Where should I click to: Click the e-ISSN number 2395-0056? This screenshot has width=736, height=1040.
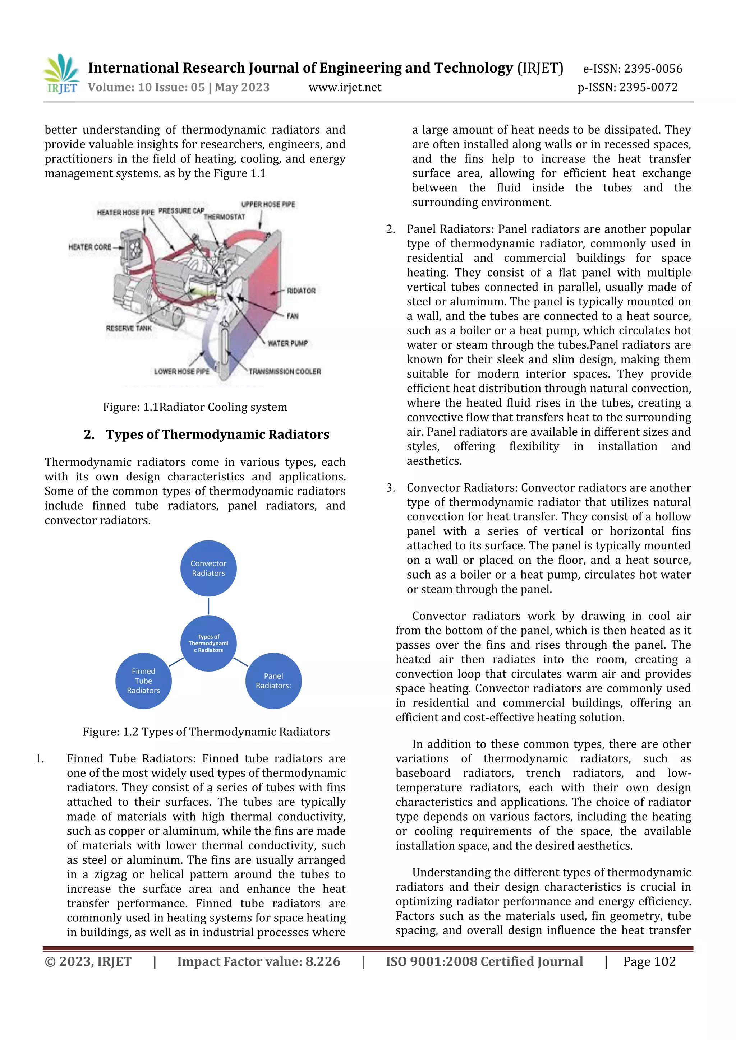(x=653, y=69)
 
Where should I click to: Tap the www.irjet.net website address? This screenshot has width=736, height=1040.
(x=345, y=87)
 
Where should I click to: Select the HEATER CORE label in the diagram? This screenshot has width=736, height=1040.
(x=90, y=247)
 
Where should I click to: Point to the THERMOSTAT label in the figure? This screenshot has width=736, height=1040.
(x=224, y=217)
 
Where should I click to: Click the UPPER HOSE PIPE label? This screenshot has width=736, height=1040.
(x=268, y=204)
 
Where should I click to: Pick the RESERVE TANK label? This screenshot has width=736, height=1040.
(x=129, y=328)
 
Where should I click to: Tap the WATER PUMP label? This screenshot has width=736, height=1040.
(x=288, y=343)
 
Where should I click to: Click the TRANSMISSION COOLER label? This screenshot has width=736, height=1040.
(x=285, y=371)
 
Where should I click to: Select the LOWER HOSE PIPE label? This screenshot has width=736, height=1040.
(x=182, y=371)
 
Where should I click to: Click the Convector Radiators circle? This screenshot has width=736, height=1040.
(x=208, y=568)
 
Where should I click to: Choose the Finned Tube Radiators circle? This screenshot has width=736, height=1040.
(x=143, y=681)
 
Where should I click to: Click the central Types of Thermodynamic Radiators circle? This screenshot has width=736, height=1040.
(x=208, y=643)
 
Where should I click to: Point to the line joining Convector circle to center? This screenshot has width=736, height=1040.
(x=208, y=606)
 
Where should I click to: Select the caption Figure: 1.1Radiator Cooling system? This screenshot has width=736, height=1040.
(x=195, y=407)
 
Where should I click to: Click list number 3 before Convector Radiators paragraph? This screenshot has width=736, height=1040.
(x=390, y=488)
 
